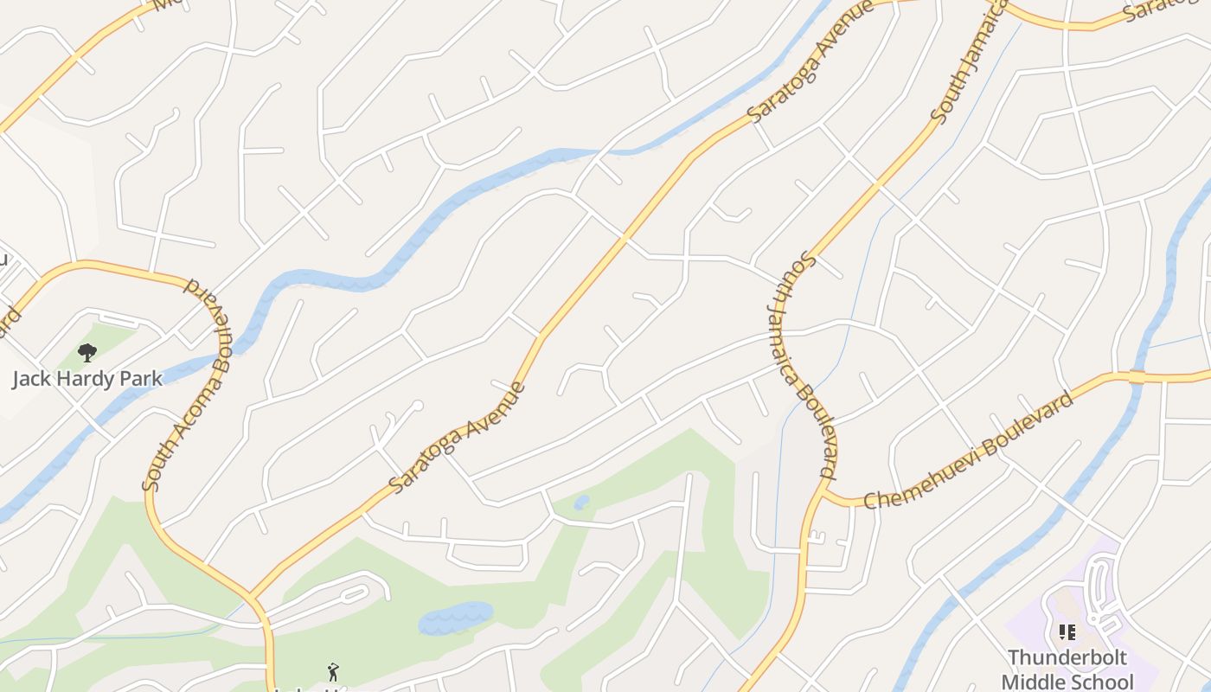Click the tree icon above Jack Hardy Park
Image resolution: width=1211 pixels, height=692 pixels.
tap(86, 352)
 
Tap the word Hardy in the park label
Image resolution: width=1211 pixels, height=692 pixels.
tap(87, 379)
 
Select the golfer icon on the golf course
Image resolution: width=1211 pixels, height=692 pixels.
tap(333, 671)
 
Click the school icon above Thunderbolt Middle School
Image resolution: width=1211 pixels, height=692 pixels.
tap(1067, 632)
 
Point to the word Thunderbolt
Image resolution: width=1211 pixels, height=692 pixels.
tap(1067, 658)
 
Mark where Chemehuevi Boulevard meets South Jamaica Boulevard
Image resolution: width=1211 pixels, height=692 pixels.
tap(823, 492)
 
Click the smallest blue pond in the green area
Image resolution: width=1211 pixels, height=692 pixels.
tap(581, 502)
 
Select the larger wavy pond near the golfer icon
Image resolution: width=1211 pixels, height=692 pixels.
tap(455, 618)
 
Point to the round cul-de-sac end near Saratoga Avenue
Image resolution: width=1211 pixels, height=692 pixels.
tap(417, 406)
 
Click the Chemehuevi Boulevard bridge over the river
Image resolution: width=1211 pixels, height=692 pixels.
tap(1137, 377)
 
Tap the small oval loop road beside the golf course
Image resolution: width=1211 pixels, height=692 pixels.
tap(354, 595)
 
